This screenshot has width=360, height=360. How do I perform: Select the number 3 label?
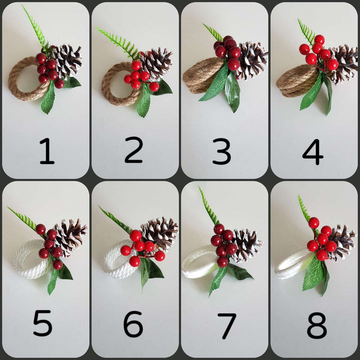pyautogui.click(x=222, y=151)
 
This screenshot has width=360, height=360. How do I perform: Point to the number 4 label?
pyautogui.click(x=312, y=152)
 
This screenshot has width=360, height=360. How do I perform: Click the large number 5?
pyautogui.click(x=42, y=323)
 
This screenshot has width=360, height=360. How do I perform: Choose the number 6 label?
pyautogui.click(x=133, y=323)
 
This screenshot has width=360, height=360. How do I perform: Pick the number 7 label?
pyautogui.click(x=227, y=326)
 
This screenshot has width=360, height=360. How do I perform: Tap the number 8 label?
pyautogui.click(x=317, y=325)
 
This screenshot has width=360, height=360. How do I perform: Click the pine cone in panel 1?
pyautogui.click(x=67, y=60)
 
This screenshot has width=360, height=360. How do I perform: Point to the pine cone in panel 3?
pyautogui.click(x=252, y=60)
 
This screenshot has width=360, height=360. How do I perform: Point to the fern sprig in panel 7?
pyautogui.click(x=208, y=206)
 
